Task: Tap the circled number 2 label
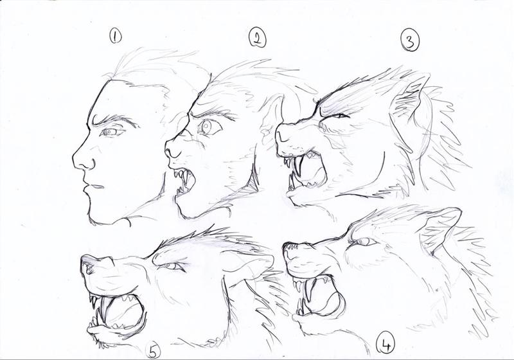[256, 38]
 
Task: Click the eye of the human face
[112, 132]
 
